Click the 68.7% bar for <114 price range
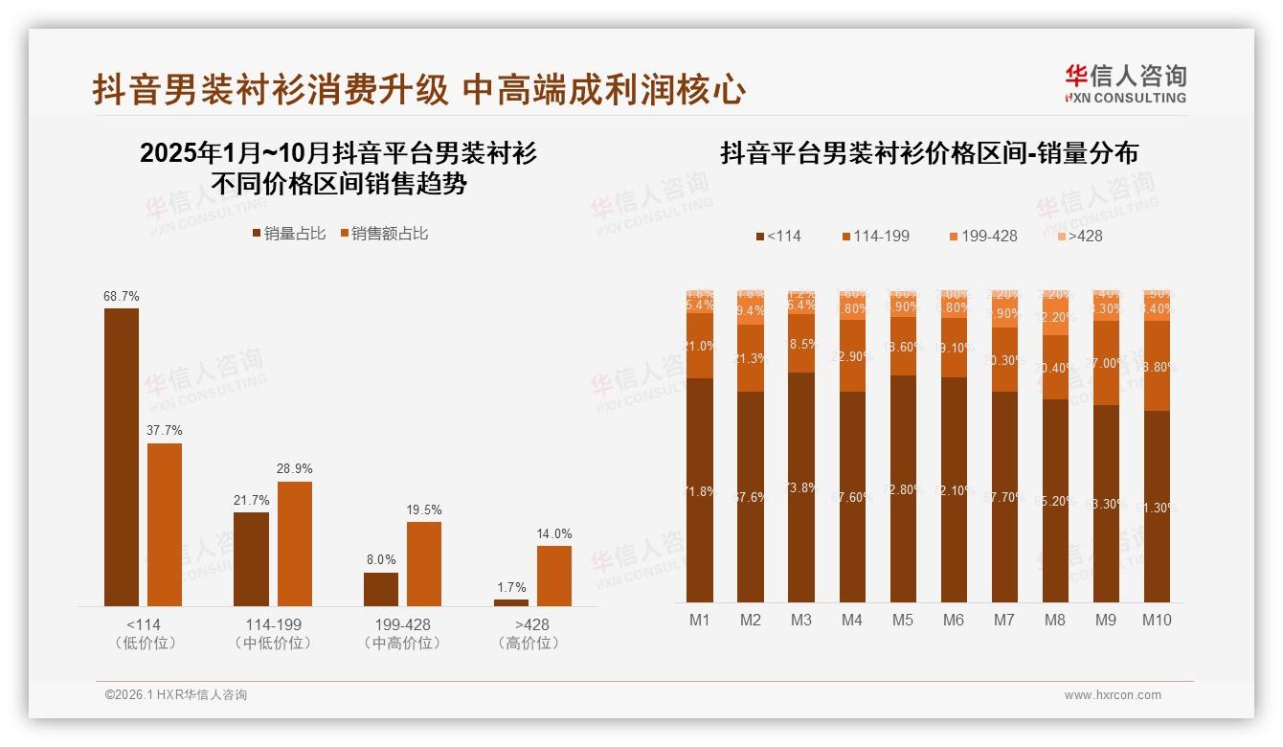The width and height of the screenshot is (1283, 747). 122,457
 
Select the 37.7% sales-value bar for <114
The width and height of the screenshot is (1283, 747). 165,524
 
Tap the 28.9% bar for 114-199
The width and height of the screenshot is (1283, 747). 294,543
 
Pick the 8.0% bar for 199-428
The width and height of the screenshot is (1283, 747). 381,589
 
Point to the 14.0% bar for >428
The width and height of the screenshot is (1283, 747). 553,576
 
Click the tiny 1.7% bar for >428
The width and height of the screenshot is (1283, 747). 511,602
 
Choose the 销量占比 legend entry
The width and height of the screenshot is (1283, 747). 288,234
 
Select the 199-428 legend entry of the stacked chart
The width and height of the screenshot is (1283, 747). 983,236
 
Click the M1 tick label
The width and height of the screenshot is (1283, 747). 700,620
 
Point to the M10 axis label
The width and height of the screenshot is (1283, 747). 1157,620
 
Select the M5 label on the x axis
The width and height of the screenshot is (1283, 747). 903,620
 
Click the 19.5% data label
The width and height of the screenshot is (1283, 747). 424,510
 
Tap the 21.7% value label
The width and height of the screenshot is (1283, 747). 251,501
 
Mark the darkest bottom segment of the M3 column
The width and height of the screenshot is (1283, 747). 801,487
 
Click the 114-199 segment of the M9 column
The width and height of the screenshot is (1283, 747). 1106,363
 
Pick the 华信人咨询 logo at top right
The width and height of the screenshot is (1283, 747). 1125,83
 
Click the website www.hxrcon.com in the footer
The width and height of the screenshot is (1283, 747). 1113,695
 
